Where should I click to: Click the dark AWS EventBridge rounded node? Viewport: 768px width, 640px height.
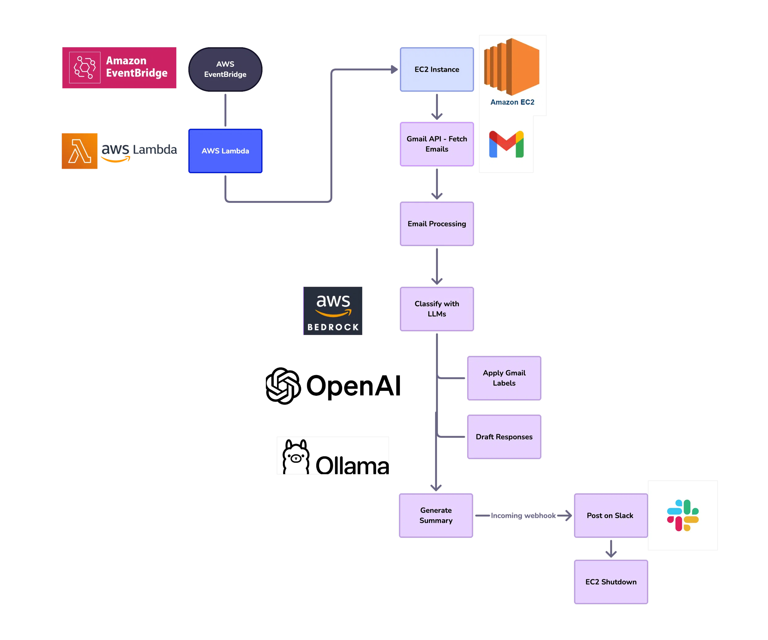point(225,69)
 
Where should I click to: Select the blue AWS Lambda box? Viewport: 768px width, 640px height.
point(225,151)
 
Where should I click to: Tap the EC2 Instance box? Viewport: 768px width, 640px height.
point(437,69)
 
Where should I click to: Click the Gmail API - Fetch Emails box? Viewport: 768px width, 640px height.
point(437,144)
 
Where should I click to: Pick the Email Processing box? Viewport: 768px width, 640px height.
point(437,224)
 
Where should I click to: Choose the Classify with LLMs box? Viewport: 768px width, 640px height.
point(437,309)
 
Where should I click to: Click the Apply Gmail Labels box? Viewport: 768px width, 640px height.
point(504,378)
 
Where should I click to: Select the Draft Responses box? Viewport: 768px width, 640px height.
point(504,436)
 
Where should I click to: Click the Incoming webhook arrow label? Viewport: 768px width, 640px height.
point(523,515)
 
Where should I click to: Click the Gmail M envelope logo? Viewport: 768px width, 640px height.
point(506,144)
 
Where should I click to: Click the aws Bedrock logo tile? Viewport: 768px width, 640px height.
point(333,311)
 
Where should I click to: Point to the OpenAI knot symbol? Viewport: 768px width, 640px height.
point(283,386)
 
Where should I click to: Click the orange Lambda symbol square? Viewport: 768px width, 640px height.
point(79,151)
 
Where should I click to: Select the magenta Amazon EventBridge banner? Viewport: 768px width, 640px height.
point(119,67)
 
